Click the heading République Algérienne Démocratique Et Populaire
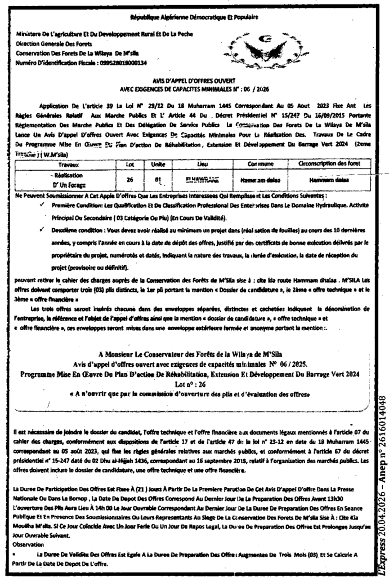[x=194, y=17]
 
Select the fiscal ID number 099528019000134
[x=118, y=63]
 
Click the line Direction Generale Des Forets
[x=55, y=43]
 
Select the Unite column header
[x=151, y=165]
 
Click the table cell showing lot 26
[x=129, y=180]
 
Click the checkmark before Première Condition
[x=43, y=206]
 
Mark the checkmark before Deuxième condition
[x=43, y=230]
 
